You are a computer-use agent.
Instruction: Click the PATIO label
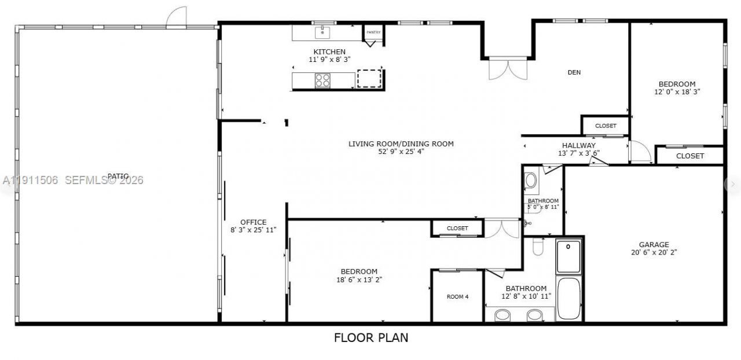[118, 176]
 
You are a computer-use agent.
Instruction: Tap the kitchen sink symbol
[322, 32]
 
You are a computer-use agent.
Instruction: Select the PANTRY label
[373, 32]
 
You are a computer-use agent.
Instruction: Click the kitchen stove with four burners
[322, 80]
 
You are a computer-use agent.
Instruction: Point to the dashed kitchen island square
[369, 79]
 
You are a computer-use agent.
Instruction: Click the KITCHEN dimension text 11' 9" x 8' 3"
[329, 60]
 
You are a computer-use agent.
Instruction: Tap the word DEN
[574, 72]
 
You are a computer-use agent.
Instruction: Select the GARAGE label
[654, 245]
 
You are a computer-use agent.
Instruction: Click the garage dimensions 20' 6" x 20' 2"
[654, 252]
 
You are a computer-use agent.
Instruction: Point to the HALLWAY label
[578, 145]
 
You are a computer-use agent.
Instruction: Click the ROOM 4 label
[457, 297]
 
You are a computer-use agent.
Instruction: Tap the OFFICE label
[254, 222]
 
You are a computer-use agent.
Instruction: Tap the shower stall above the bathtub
[568, 256]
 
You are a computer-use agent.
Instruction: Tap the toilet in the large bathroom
[537, 248]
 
